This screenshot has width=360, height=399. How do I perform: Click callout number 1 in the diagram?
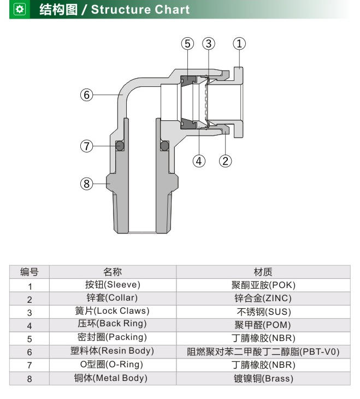(x=239, y=44)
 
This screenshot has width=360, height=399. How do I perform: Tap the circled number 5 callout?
(x=187, y=44)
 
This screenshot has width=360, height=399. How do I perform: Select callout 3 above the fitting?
(x=209, y=44)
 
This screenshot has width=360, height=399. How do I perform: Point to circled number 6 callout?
(x=86, y=95)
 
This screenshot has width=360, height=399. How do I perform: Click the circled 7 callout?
(x=86, y=146)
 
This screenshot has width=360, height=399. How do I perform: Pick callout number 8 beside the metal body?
(x=86, y=184)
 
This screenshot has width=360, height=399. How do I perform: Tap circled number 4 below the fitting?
(x=199, y=161)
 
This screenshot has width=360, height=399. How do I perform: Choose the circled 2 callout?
(x=226, y=161)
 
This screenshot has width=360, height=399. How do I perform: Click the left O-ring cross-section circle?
(x=120, y=146)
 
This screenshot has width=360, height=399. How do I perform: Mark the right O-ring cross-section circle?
(x=164, y=146)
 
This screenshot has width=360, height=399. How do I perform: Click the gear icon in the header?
(x=20, y=9)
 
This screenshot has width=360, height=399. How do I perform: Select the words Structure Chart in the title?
(x=140, y=10)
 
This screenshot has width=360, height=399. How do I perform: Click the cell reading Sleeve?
(x=113, y=285)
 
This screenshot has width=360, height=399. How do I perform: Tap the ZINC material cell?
(x=263, y=298)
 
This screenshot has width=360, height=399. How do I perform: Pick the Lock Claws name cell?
(x=113, y=311)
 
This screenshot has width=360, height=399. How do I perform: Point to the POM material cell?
(x=263, y=325)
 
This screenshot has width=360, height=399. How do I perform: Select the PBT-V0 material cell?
(x=263, y=351)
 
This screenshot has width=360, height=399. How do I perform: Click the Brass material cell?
(x=263, y=378)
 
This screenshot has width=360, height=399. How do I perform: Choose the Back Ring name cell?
(x=113, y=325)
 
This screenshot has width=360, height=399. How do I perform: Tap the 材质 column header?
(x=263, y=272)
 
